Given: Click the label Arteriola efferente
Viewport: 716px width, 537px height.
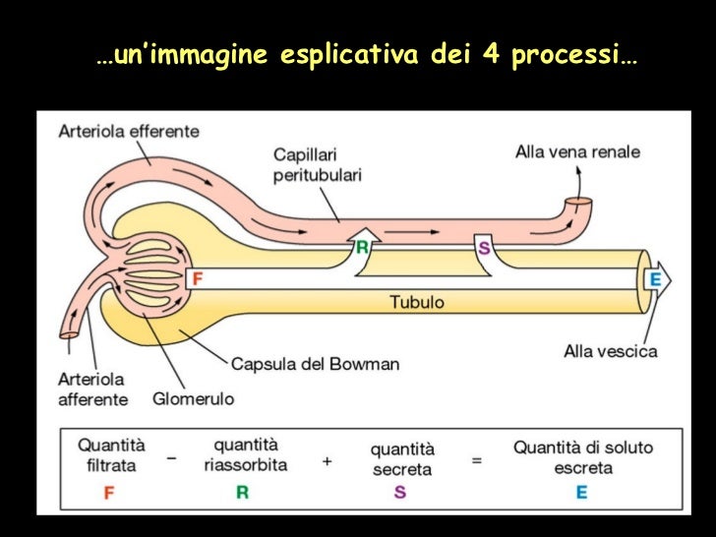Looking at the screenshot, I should coord(129,131).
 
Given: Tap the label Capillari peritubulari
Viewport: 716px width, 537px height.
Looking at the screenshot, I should coord(317,164).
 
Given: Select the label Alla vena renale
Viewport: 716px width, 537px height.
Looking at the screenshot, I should coord(577,151).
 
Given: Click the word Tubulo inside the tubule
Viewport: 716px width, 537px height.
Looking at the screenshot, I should coord(417,302).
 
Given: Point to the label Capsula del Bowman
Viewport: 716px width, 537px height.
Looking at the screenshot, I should coord(315,364).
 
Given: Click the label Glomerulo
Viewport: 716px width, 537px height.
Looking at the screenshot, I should coord(193,399).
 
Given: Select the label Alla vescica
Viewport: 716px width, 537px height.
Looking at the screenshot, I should coord(611,350).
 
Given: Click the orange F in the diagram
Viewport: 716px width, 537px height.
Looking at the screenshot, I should coord(198,279).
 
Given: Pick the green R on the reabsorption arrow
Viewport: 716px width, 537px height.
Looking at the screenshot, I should coord(362,247).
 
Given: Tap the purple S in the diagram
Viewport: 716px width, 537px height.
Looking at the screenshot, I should coord(484,247).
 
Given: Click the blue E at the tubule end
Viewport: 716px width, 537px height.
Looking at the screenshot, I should coord(654,280).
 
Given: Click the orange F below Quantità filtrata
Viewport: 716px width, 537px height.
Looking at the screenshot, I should coord(108,493).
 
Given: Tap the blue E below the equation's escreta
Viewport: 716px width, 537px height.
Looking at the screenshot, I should coord(581,493).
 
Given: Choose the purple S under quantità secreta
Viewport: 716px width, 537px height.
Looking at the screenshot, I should coord(400,493).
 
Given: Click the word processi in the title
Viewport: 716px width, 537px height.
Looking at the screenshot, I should coord(568,57).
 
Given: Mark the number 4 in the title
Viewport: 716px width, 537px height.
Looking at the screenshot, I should coord(491,55).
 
